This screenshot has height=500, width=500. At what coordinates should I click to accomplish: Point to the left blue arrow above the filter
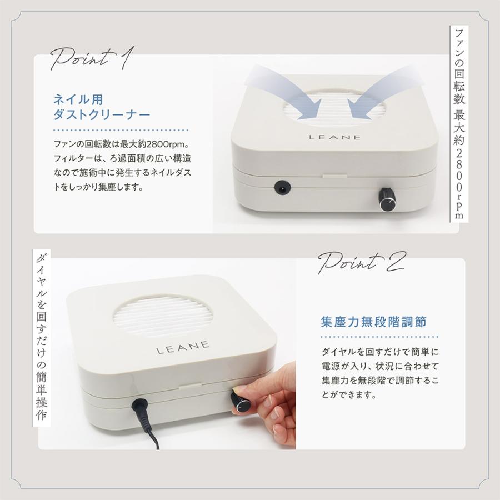[x=283, y=92]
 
